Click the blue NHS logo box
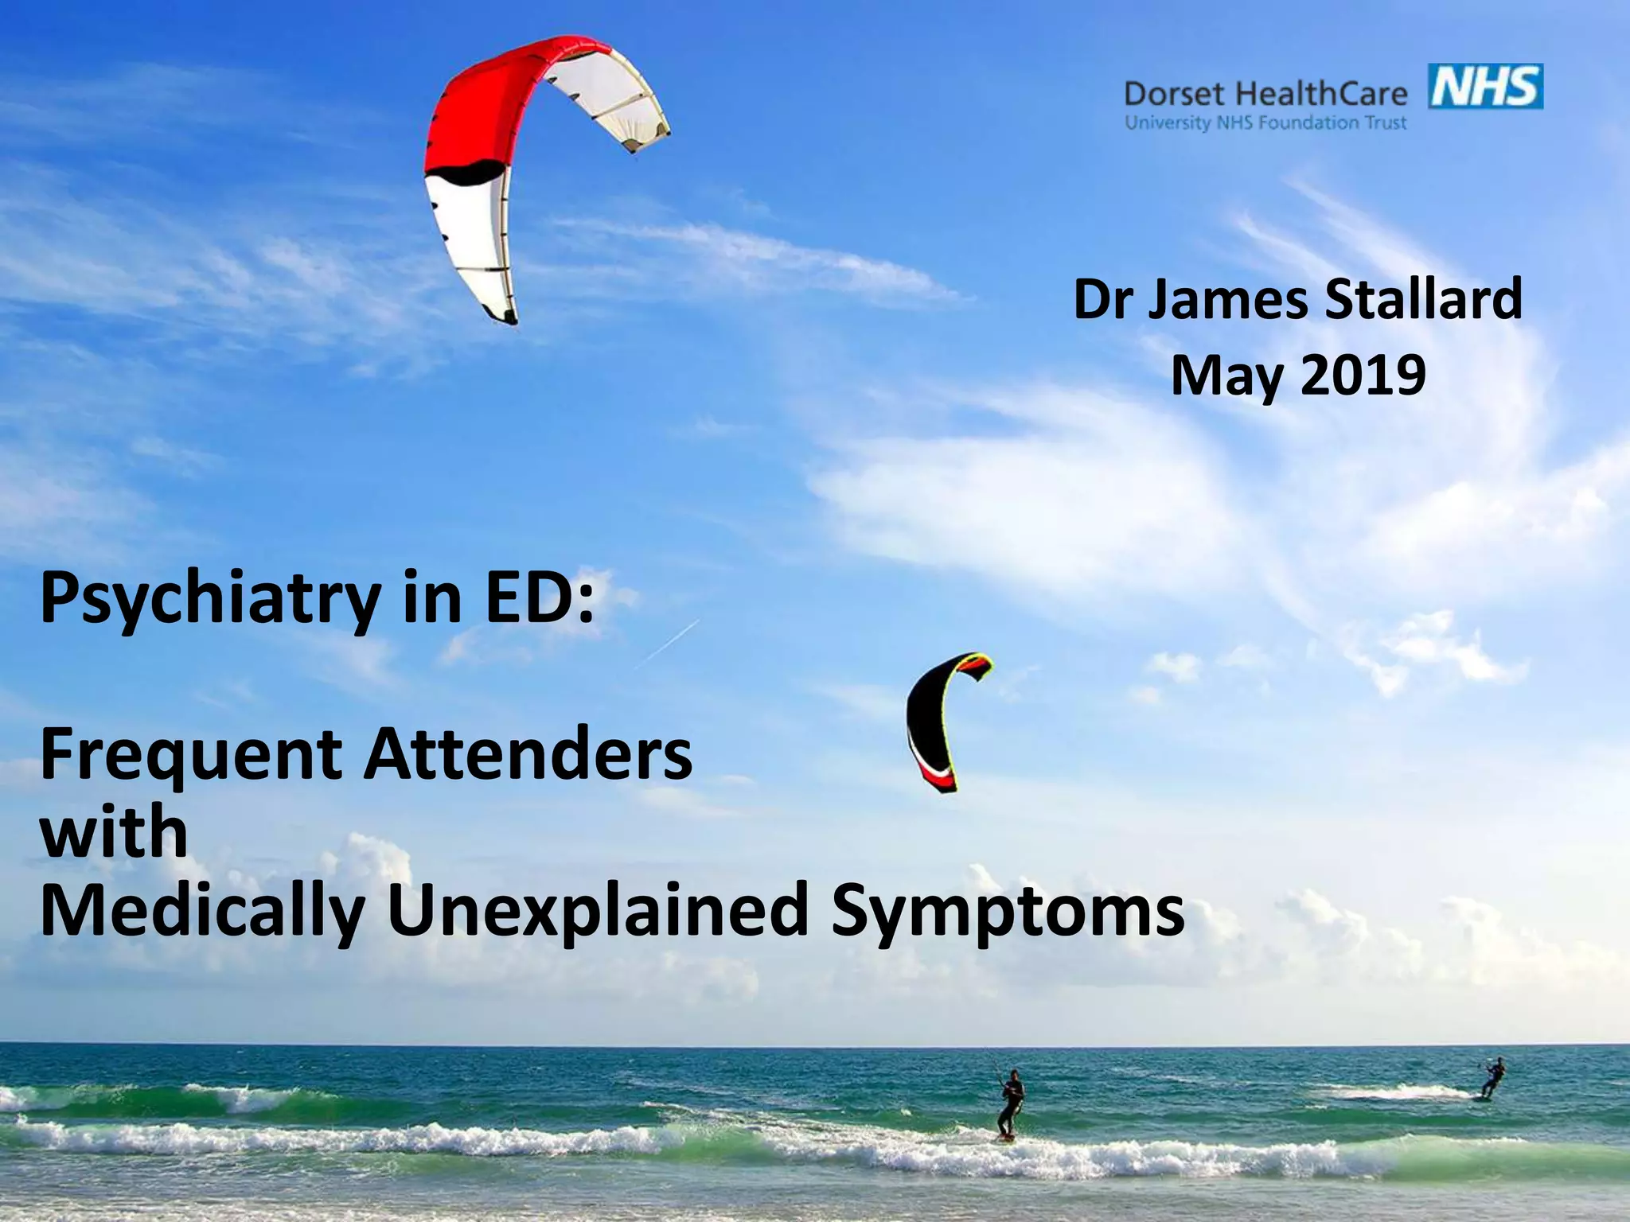1486,87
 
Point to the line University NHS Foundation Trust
1265,123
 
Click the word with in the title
114,831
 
